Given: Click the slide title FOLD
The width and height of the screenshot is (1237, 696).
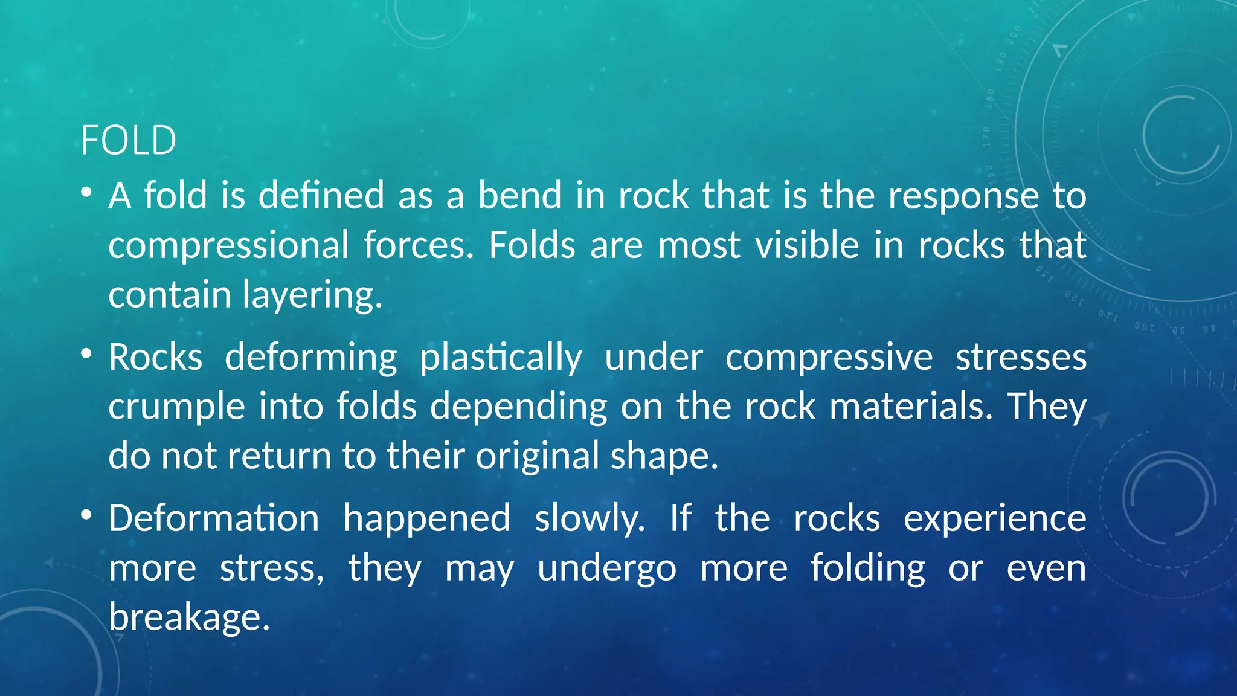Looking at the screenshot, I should [128, 141].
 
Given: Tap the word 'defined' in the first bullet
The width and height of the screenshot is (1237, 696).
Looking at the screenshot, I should [321, 196].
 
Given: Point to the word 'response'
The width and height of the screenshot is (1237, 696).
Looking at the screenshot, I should [963, 197].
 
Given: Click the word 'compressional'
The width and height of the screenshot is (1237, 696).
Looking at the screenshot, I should [228, 246].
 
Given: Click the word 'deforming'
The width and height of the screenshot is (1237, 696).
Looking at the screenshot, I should [311, 358].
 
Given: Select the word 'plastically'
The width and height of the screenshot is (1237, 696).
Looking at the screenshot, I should [501, 358].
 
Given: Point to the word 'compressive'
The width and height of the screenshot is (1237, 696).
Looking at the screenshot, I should [829, 358].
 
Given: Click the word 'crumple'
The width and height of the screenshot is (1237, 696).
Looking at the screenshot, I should [176, 407].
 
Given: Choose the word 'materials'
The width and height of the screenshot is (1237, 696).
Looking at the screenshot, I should [910, 406].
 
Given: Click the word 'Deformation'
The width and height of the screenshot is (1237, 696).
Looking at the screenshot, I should [214, 518].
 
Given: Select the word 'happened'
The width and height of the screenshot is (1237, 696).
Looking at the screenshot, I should [426, 519].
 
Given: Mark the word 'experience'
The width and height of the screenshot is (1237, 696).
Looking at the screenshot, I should [995, 519].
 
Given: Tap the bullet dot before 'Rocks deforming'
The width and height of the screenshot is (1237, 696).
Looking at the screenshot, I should [86, 353].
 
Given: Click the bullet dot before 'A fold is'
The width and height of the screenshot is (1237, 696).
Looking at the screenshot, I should [86, 192].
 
